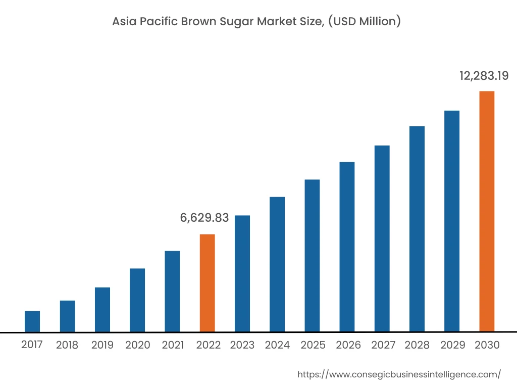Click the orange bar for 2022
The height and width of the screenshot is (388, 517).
[207, 283]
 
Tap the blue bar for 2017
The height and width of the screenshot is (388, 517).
[32, 321]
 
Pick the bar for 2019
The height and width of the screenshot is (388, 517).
[102, 309]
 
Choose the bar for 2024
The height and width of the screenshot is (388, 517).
[277, 264]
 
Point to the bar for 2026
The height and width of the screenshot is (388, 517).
[347, 247]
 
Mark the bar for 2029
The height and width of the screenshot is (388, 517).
[452, 221]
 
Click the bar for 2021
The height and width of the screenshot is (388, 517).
[172, 291]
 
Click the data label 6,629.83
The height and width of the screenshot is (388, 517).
[204, 218]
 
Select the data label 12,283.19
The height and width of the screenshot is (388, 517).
[484, 76]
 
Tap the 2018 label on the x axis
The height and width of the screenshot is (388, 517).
[67, 345]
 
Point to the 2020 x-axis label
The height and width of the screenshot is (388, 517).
[137, 345]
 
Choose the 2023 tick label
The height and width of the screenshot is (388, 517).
[242, 345]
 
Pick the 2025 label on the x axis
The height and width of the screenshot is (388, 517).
[313, 345]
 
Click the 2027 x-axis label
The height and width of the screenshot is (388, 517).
[383, 345]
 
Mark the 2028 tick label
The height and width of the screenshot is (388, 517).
[417, 345]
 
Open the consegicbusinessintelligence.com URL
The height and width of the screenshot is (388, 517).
[399, 374]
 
